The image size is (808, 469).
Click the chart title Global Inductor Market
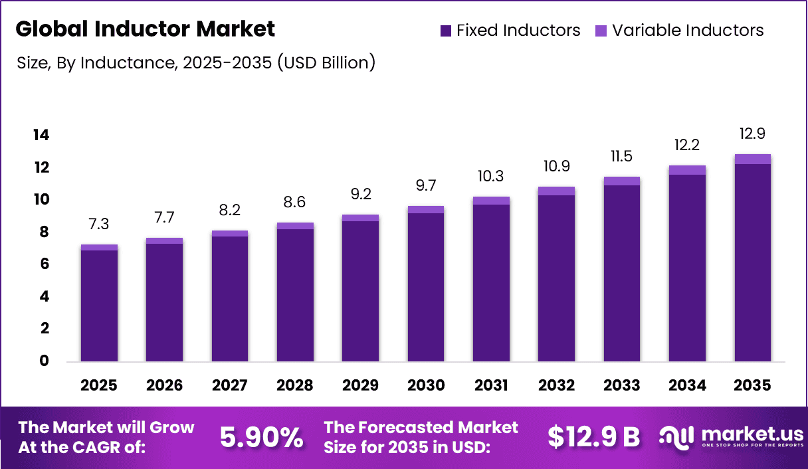[x=145, y=29]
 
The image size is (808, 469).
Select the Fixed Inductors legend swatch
[x=446, y=31]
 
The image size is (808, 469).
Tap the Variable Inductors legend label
[x=688, y=31]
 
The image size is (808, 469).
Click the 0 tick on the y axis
[x=45, y=361]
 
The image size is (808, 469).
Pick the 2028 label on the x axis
[x=295, y=386]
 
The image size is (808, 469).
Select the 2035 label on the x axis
[x=752, y=386]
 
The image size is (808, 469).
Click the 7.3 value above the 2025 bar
[x=99, y=225]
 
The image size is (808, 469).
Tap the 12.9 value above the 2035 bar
[x=752, y=134]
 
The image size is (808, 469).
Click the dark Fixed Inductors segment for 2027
[x=230, y=299]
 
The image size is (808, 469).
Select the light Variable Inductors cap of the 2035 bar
[x=752, y=159]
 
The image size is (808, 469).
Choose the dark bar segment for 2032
[x=556, y=278]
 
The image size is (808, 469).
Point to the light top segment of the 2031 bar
[x=491, y=201]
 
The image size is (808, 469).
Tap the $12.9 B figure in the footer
[x=593, y=436]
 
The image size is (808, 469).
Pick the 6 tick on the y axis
[x=45, y=264]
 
